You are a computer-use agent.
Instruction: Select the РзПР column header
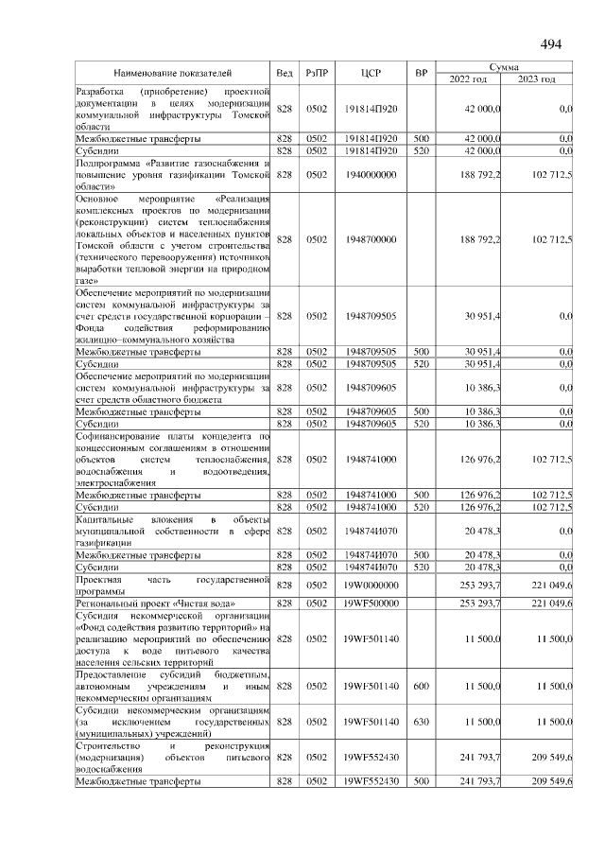[316, 73]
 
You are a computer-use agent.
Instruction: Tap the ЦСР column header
[371, 73]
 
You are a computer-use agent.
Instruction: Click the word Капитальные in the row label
[102, 519]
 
